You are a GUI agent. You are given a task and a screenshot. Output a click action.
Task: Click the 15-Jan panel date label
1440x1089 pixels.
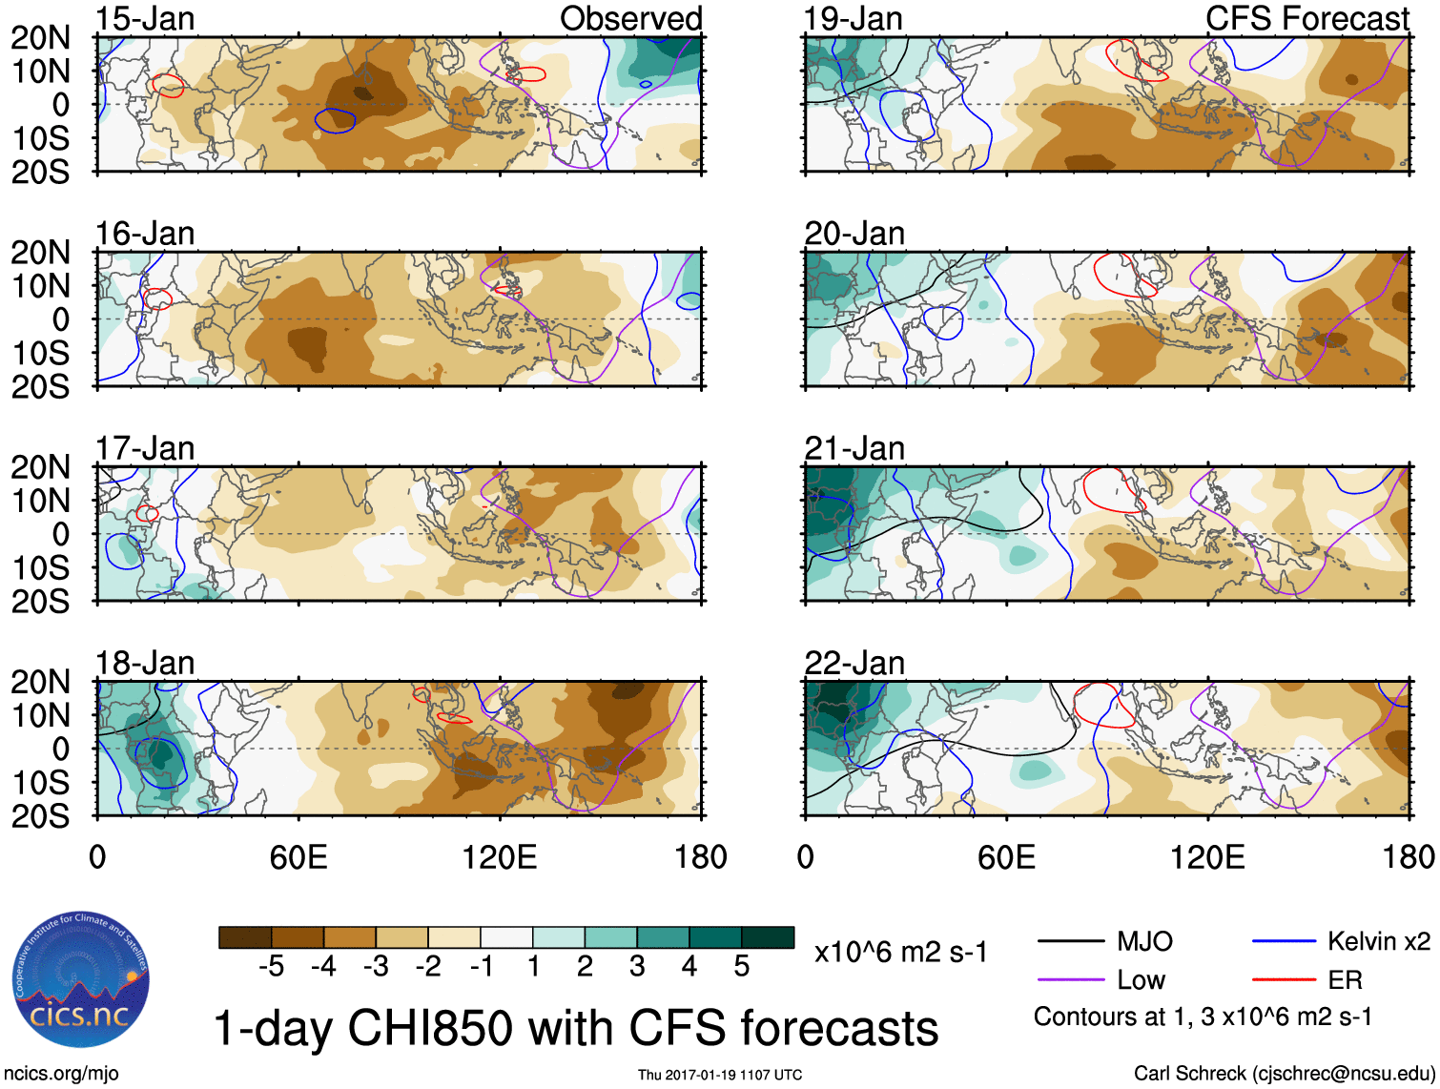[145, 18]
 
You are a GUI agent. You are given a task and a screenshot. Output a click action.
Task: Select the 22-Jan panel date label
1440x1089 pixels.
[854, 663]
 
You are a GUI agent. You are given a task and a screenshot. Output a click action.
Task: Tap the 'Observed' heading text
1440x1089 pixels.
[630, 18]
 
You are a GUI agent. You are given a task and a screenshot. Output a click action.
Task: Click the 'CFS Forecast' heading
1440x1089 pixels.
[1306, 18]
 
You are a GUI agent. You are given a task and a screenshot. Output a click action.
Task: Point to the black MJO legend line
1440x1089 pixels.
[1070, 942]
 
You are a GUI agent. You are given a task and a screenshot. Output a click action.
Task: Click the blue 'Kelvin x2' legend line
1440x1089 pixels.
[1284, 942]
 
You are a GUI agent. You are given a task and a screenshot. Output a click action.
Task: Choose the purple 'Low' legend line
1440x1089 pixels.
[1070, 980]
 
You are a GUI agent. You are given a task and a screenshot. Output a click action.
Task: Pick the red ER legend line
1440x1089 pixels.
[1284, 980]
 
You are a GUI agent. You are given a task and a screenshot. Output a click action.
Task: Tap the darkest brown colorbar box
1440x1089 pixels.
[245, 937]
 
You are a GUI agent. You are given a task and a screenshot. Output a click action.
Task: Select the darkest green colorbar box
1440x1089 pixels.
[768, 937]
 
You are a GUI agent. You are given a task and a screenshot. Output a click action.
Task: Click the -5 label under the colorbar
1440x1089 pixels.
[271, 967]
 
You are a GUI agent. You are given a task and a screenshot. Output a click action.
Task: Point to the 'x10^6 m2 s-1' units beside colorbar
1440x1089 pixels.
[900, 953]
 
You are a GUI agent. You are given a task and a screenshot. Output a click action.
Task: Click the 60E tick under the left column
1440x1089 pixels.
[298, 857]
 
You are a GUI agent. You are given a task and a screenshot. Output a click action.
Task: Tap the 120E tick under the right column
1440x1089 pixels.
[1207, 857]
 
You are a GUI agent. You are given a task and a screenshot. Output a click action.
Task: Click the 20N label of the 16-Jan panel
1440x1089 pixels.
[40, 253]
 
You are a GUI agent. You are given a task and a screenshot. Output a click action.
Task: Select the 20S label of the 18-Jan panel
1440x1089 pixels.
[40, 816]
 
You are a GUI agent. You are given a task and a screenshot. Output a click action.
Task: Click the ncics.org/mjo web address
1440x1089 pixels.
[60, 1074]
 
